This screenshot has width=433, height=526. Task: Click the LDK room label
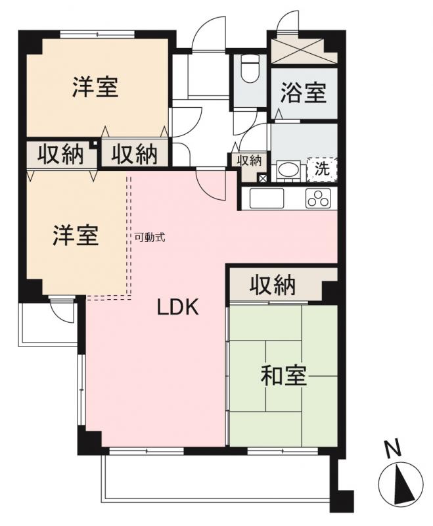177,308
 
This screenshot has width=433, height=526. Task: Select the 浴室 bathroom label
303,93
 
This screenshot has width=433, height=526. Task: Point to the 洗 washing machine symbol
322,168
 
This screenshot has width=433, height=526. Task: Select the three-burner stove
318,197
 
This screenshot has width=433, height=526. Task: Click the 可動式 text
150,237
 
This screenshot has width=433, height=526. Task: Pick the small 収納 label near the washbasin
250,160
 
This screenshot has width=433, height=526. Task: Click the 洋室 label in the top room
95,87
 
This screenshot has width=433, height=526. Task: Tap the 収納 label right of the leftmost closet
133,155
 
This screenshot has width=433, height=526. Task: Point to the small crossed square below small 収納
262,178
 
